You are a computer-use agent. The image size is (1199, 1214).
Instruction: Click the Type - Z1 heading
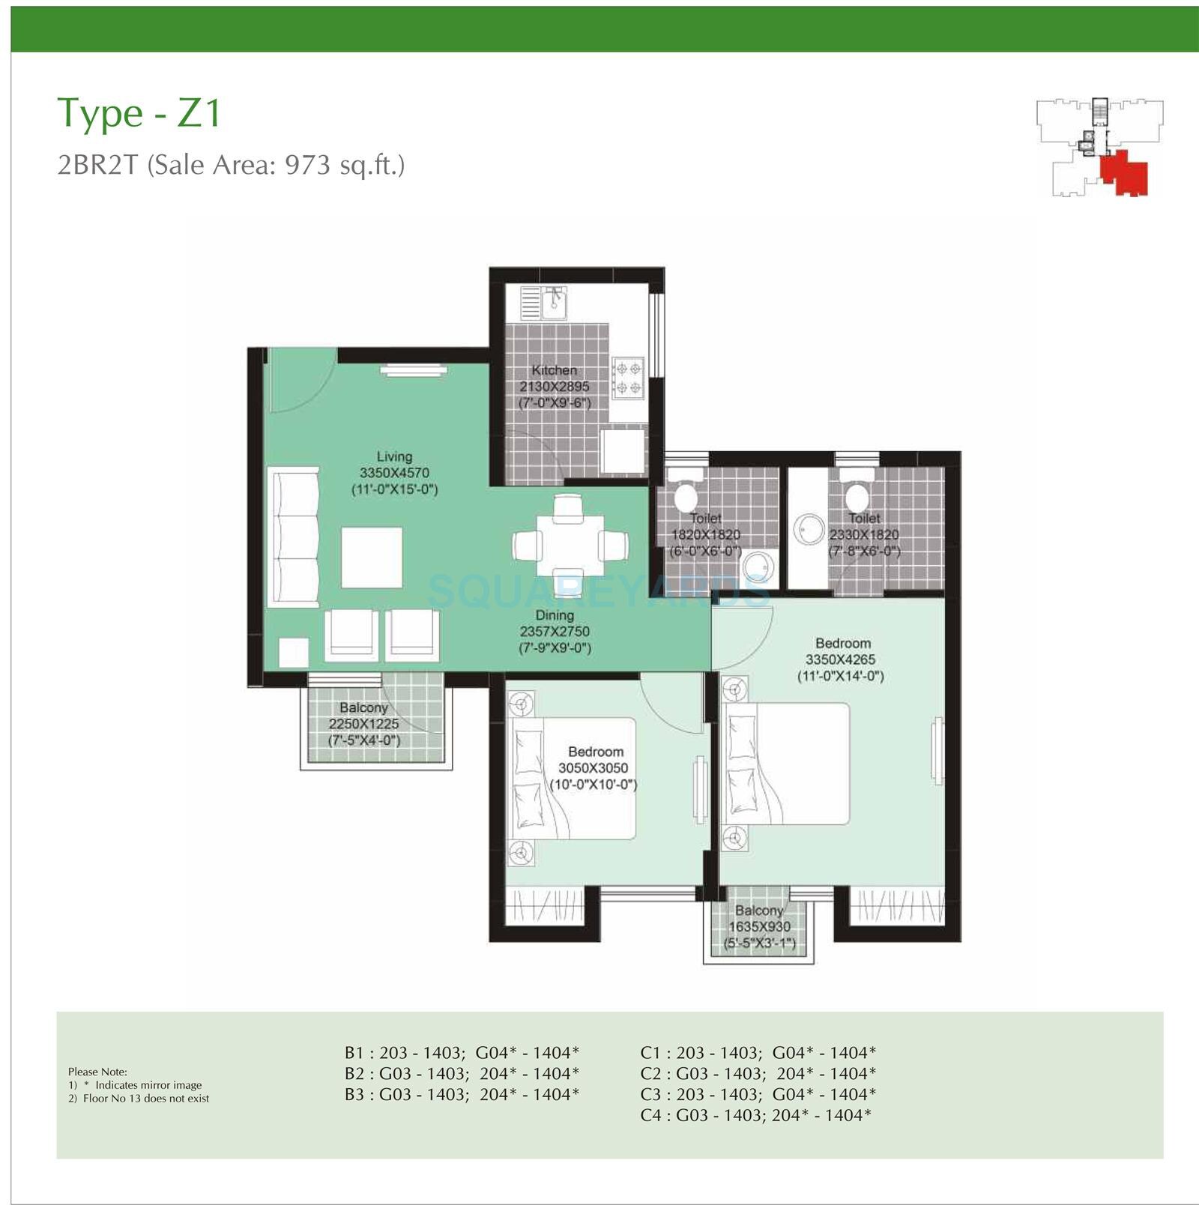[x=139, y=113]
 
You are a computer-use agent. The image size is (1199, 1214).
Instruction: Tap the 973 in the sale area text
[x=306, y=164]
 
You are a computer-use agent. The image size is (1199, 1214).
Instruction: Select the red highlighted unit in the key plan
[x=1122, y=172]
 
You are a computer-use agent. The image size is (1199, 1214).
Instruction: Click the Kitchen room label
[x=555, y=370]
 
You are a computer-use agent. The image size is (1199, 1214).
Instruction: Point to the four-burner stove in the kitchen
[x=627, y=378]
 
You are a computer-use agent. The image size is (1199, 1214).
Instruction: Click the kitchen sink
[x=555, y=302]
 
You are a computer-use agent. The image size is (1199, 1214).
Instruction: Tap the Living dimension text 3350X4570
[x=394, y=473]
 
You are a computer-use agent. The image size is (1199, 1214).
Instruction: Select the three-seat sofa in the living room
[x=293, y=537]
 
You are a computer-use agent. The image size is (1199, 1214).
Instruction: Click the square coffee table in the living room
[x=372, y=558]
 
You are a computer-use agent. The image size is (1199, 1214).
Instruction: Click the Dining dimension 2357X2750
[x=555, y=632]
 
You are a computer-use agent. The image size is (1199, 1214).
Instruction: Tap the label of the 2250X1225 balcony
[x=363, y=708]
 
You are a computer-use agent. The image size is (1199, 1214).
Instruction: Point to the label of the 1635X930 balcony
[x=759, y=910]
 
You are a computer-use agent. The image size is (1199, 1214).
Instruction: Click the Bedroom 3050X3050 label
[x=596, y=752]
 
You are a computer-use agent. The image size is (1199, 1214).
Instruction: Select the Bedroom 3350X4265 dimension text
[x=840, y=659]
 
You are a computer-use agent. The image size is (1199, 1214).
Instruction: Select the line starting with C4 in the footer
[x=755, y=1115]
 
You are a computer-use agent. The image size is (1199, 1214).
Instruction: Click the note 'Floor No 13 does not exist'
[x=146, y=1099]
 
